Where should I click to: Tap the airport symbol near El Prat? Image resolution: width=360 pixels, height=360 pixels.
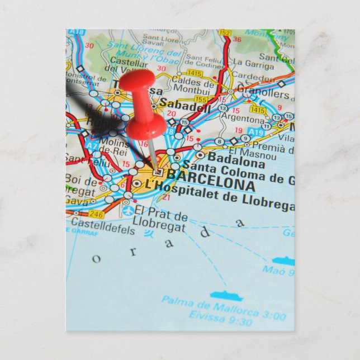coord(129,211)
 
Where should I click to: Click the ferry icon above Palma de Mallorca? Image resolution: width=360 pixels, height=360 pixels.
coord(226,295)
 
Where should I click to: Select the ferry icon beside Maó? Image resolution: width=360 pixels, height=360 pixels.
coord(283,260)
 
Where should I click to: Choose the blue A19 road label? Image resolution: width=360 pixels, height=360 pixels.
coord(255,132)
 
